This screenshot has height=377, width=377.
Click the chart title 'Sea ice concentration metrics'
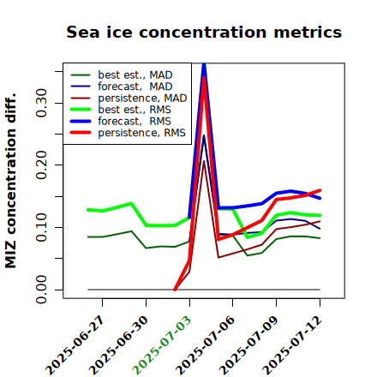(204, 32)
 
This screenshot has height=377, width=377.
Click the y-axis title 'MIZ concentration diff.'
(10, 181)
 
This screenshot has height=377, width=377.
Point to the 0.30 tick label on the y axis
(42, 103)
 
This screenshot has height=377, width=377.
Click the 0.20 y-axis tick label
(42, 165)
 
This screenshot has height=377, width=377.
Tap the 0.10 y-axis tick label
(42, 227)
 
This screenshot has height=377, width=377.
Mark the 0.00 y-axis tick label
(42, 290)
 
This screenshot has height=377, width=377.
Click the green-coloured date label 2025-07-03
(162, 345)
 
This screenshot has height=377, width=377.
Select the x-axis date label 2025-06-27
(75, 345)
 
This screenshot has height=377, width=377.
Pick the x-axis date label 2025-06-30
(118, 345)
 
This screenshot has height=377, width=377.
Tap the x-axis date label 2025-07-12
(292, 345)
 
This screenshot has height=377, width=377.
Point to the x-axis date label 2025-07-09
(248, 345)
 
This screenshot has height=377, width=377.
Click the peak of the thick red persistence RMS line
(204, 78)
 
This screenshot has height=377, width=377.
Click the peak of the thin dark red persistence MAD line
(204, 161)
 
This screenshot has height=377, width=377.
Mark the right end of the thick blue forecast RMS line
(320, 198)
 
